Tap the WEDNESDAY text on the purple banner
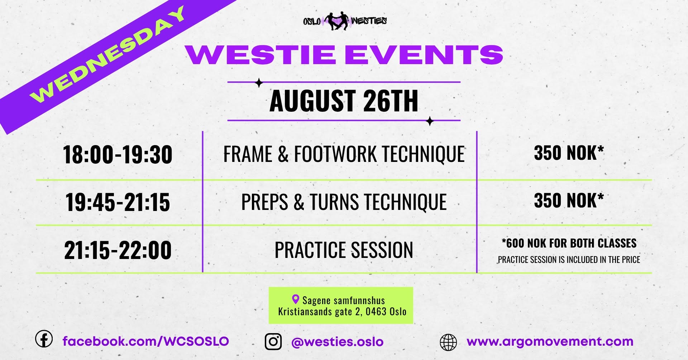[108, 54]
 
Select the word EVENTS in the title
[424, 55]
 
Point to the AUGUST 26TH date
[344, 101]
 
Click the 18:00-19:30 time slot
[118, 155]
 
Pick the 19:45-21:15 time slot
[118, 202]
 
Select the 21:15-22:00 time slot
[118, 250]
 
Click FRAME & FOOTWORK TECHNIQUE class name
[344, 154]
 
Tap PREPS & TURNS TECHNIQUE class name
[344, 202]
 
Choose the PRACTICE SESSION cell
[344, 250]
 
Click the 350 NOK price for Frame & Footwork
[569, 153]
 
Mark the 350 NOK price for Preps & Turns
[569, 200]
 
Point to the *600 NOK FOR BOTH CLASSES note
[569, 243]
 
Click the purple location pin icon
[296, 299]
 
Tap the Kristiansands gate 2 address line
[342, 311]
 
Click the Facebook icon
[44, 339]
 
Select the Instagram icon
[273, 341]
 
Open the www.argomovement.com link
[550, 342]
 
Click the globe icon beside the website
[448, 342]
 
